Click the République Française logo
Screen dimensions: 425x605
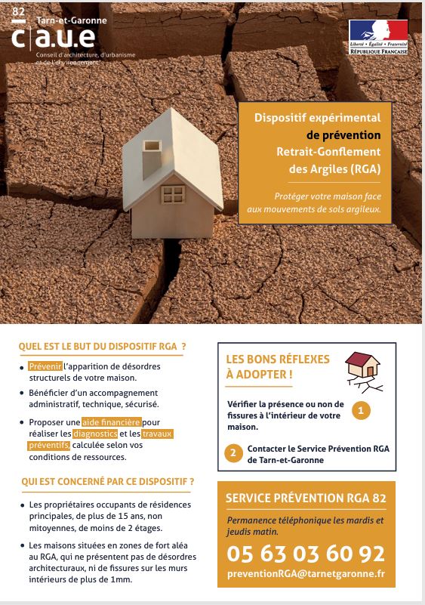click(378, 38)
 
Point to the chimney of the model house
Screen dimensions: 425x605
click(152, 150)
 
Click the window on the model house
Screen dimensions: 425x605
click(174, 194)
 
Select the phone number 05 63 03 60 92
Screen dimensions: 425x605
click(306, 555)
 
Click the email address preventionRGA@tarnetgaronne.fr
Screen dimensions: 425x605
click(306, 575)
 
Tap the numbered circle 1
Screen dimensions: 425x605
click(362, 411)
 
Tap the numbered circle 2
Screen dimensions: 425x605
click(234, 453)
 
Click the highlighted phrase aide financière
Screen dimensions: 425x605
click(112, 421)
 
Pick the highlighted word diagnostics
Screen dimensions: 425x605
click(95, 434)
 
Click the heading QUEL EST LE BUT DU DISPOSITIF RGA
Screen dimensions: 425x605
click(102, 347)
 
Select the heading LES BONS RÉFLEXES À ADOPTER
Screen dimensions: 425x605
click(267, 366)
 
